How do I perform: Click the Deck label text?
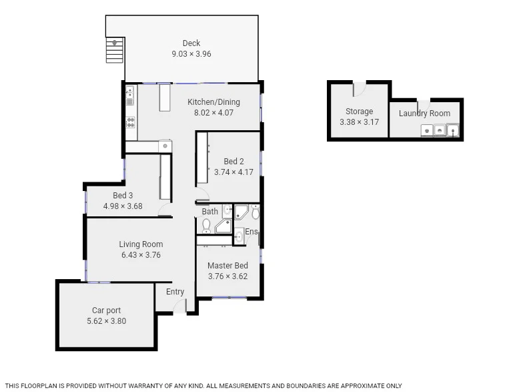pyautogui.click(x=191, y=43)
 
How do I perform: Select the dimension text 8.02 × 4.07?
pyautogui.click(x=213, y=113)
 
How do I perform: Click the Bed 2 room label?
pyautogui.click(x=233, y=161)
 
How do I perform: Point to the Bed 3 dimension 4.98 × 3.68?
pyautogui.click(x=123, y=206)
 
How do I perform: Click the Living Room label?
pyautogui.click(x=141, y=244)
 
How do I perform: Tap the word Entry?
pyautogui.click(x=175, y=292)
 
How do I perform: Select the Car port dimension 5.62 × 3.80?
pyautogui.click(x=106, y=321)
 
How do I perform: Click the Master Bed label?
pyautogui.click(x=227, y=265)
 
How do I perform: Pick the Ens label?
pyautogui.click(x=251, y=232)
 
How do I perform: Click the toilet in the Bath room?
pyautogui.click(x=207, y=226)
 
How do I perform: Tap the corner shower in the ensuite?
pyautogui.click(x=241, y=212)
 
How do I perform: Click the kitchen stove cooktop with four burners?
pyautogui.click(x=131, y=122)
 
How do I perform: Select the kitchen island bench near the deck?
pyautogui.click(x=165, y=98)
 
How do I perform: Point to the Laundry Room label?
pyautogui.click(x=424, y=114)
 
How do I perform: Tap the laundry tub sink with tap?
pyautogui.click(x=453, y=130)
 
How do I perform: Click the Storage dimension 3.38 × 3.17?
pyautogui.click(x=359, y=122)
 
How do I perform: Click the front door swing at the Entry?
pyautogui.click(x=179, y=307)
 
